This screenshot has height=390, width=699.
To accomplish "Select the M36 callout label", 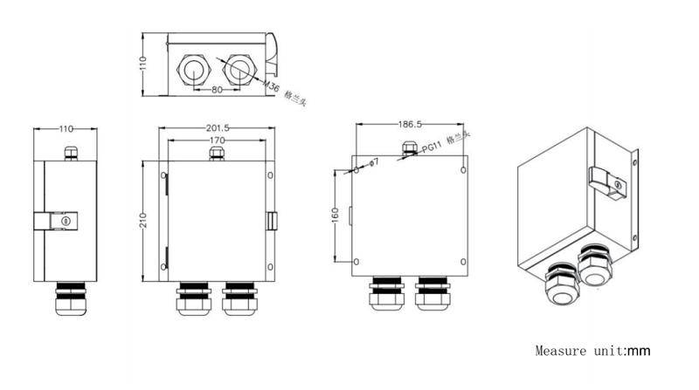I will pos(273,86).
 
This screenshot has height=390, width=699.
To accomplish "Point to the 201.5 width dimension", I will pos(215,129).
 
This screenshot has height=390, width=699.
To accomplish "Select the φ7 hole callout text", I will pos(370,162).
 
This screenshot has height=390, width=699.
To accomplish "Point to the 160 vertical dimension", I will pos(336,215).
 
